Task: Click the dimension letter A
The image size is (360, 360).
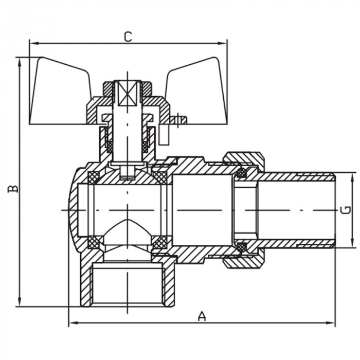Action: pyautogui.click(x=202, y=317)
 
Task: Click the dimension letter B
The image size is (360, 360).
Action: pyautogui.click(x=13, y=188)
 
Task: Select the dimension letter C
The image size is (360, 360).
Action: pyautogui.click(x=128, y=37)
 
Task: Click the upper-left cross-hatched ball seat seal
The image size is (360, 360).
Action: pyautogui.click(x=94, y=178)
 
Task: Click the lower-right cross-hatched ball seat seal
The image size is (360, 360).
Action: pyautogui.click(x=160, y=242)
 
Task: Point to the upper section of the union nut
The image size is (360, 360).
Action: pyautogui.click(x=243, y=159)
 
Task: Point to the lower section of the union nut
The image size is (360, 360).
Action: pyautogui.click(x=243, y=261)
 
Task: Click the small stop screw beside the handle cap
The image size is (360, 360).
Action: pyautogui.click(x=178, y=121)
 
